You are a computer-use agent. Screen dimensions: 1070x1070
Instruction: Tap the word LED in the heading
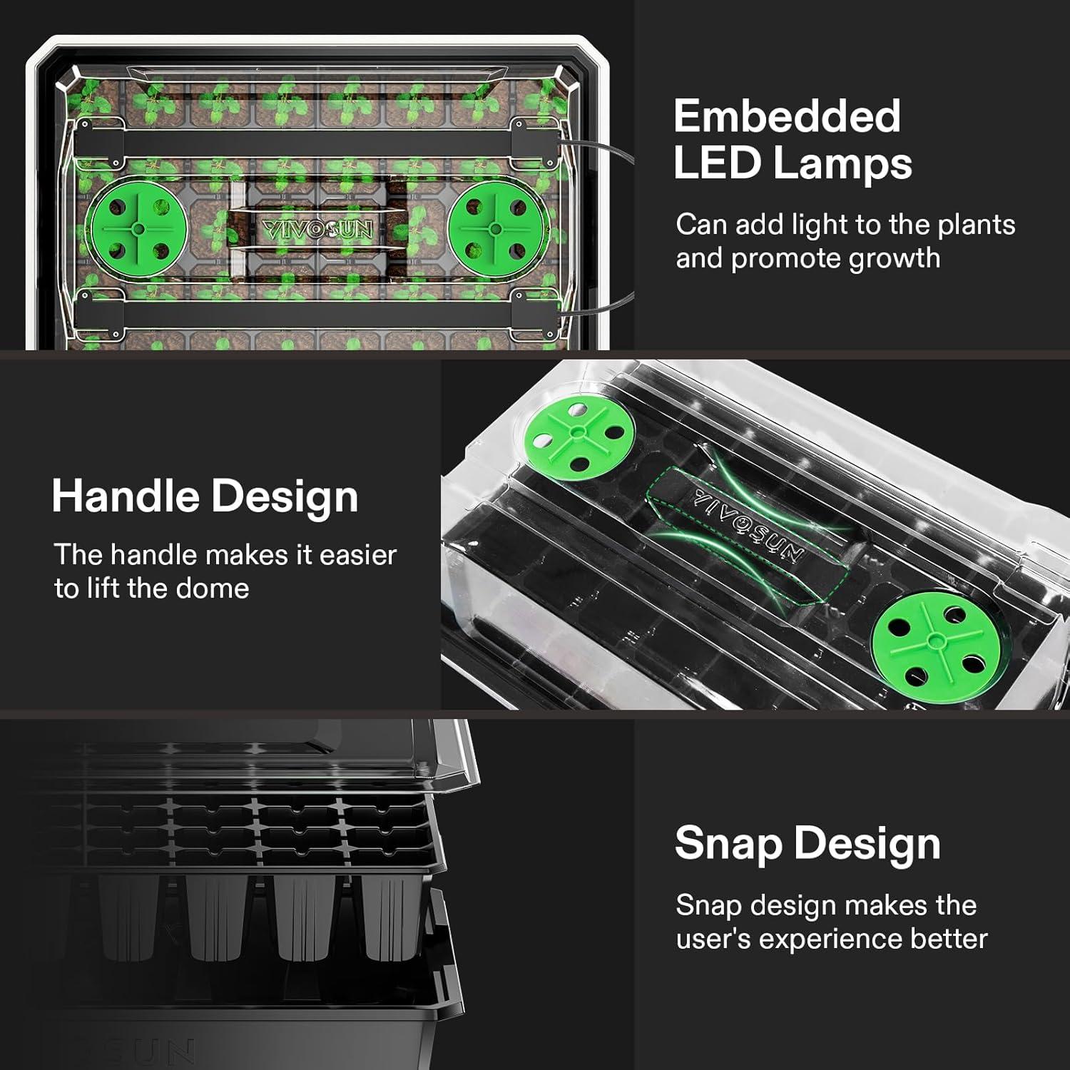point(715,163)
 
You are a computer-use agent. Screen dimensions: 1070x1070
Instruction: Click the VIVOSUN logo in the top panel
point(317,230)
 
